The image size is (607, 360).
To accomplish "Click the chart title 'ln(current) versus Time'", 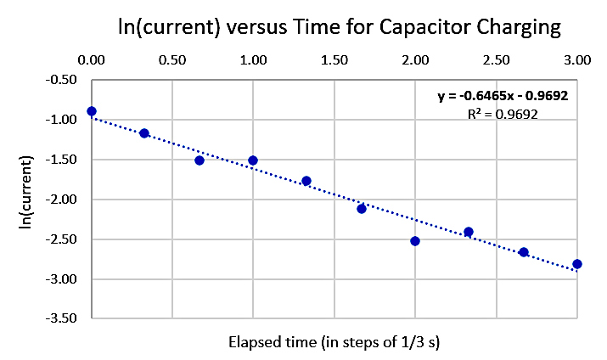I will click(340, 27).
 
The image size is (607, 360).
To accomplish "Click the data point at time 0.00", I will click(92, 111).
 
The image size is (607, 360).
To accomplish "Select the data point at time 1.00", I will click(253, 160).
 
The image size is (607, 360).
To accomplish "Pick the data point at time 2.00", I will click(415, 241).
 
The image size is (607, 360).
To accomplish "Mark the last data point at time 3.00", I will click(577, 264).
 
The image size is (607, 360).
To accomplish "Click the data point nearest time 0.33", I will click(144, 133).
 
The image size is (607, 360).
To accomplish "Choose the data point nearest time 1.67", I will click(362, 208).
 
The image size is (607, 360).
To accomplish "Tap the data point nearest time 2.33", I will click(469, 232).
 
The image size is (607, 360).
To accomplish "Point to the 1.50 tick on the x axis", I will click(334, 61).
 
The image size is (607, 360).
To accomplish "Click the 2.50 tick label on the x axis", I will click(497, 61).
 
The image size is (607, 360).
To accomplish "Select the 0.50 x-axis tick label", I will click(172, 61).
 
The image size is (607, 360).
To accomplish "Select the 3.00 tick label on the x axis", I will click(577, 61).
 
